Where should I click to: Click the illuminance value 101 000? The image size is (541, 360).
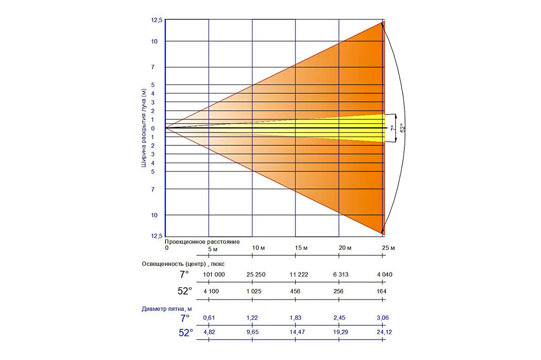(214, 274)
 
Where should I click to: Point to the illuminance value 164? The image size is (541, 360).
(382, 291)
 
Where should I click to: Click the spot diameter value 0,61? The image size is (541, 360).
(209, 318)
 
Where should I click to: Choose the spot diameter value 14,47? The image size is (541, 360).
(296, 332)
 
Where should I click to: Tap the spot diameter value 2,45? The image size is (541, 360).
(339, 318)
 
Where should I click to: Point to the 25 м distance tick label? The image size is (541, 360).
(388, 248)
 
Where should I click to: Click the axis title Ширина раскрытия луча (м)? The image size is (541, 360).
(144, 128)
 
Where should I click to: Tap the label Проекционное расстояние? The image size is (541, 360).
(202, 241)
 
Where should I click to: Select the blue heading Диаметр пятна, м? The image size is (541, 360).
(170, 309)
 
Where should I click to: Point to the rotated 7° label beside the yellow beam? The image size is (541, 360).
(391, 128)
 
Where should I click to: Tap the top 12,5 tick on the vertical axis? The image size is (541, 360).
(157, 20)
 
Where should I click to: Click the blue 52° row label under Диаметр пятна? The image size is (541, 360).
(186, 332)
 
